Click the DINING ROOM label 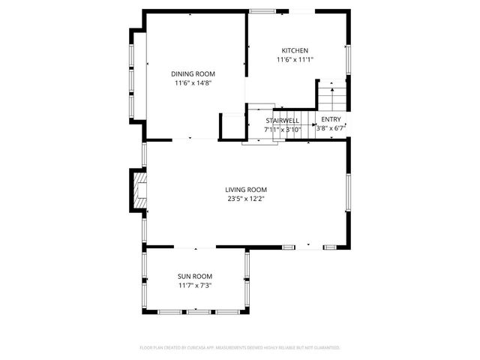[193, 73]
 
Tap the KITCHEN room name [295, 50]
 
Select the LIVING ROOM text [246, 190]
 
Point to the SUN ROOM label [194, 276]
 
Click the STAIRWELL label [283, 120]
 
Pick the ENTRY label [331, 119]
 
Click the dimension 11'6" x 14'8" [193, 83]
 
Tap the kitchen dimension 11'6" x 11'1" [295, 59]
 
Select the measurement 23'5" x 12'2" [246, 199]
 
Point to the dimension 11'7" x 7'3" [194, 286]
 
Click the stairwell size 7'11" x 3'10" [283, 129]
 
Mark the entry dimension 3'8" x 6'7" [331, 128]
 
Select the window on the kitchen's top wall [262, 10]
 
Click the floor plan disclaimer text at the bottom [240, 348]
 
